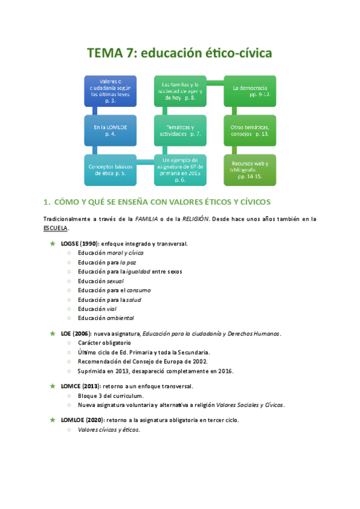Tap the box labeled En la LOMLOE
pyautogui.click(x=110, y=130)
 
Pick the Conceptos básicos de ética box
pyautogui.click(x=110, y=170)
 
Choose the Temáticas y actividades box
pyautogui.click(x=181, y=130)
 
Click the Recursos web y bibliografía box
pyautogui.click(x=250, y=170)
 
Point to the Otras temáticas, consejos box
pyautogui.click(x=250, y=130)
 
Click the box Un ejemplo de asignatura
pyautogui.click(x=181, y=170)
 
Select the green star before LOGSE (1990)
pyautogui.click(x=53, y=244)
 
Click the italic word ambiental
pyautogui.click(x=120, y=318)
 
